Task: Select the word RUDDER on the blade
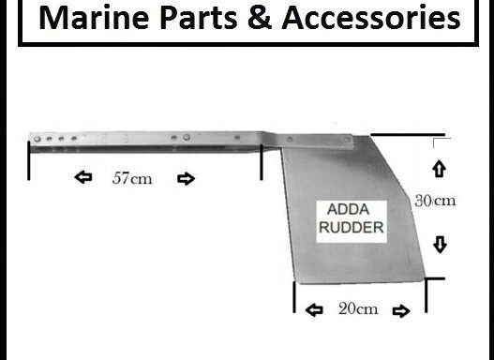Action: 353,226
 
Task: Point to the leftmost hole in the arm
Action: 37,139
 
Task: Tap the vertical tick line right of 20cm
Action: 427,296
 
